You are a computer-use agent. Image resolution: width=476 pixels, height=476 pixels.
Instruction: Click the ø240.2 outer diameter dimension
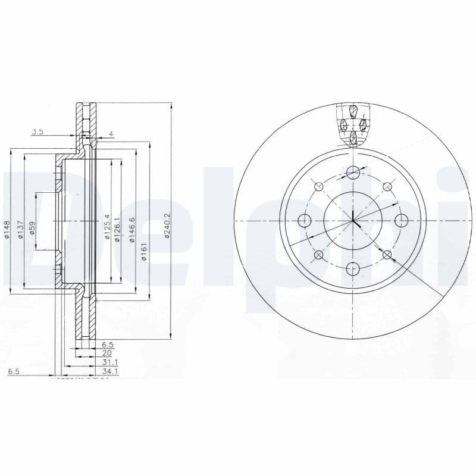tap(168, 226)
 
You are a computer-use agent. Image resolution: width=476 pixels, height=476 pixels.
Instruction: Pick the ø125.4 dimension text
tap(108, 226)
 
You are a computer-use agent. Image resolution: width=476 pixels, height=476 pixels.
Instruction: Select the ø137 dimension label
tap(20, 228)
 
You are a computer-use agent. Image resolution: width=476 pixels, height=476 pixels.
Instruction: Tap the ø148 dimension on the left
tap(7, 230)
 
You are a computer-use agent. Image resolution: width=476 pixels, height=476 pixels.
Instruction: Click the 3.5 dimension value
tap(37, 132)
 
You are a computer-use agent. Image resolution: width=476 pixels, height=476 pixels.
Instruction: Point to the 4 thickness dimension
tap(111, 134)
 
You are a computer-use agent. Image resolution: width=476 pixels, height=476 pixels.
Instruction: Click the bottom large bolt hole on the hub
tap(353, 268)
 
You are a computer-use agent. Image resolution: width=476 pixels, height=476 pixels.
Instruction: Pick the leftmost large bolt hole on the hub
tap(305, 221)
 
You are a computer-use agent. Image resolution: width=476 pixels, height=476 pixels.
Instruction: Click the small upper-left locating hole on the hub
tap(319, 187)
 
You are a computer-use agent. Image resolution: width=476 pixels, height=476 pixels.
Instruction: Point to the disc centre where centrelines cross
tap(353, 221)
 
